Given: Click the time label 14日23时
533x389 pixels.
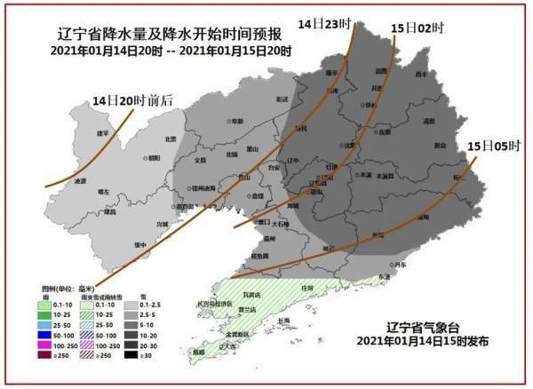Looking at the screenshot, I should (x=324, y=24).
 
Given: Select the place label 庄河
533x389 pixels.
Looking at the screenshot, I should (x=308, y=289).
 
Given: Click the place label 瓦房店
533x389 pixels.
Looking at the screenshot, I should (x=250, y=294).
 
